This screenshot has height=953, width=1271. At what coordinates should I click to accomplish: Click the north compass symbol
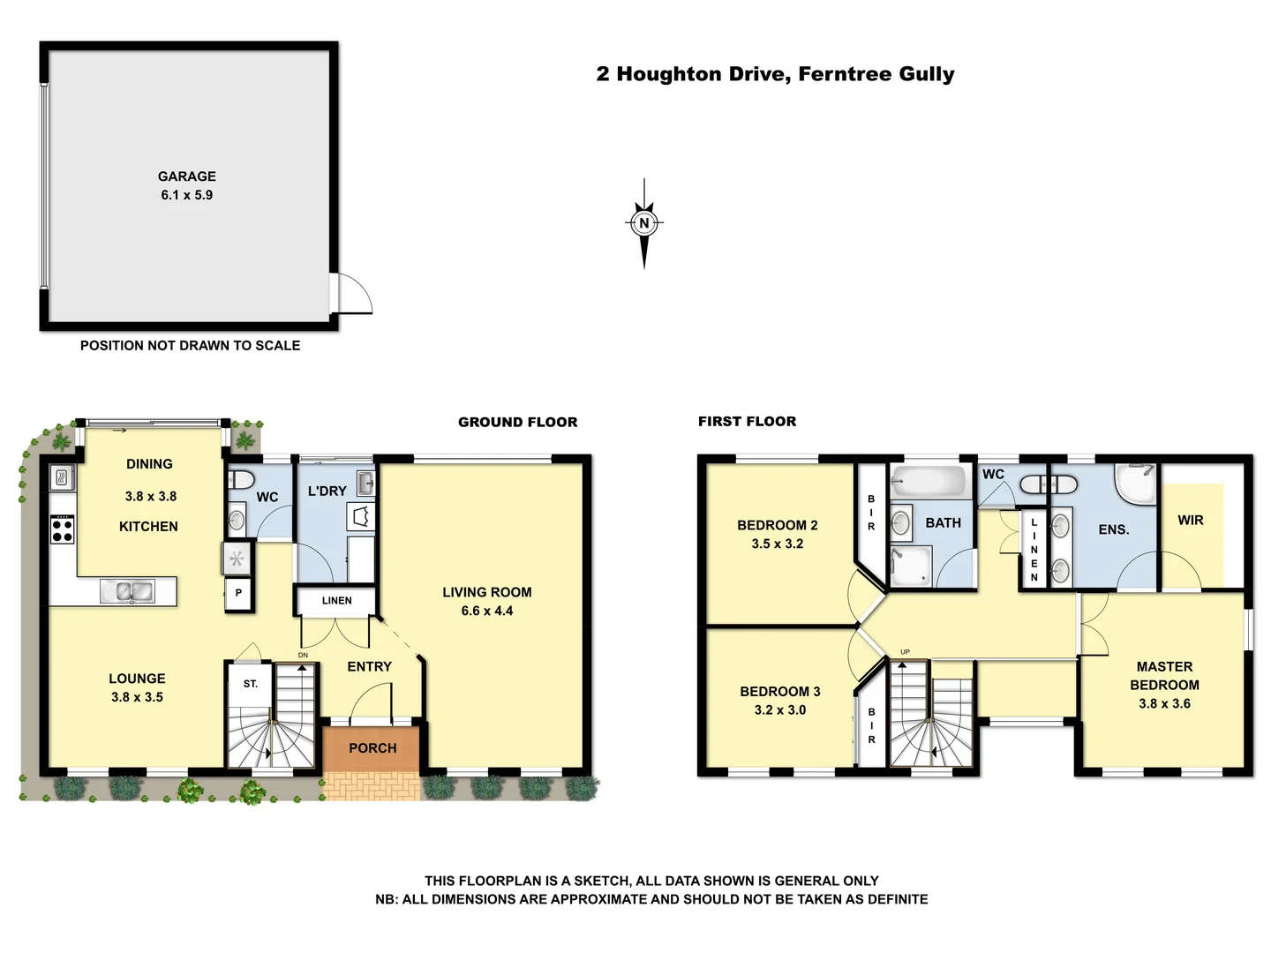click(644, 223)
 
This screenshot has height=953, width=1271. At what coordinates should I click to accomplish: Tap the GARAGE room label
click(186, 176)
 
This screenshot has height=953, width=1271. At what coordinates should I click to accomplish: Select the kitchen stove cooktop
click(62, 529)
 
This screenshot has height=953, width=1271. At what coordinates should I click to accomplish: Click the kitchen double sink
click(127, 591)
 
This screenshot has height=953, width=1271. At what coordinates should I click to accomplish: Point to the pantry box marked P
click(238, 594)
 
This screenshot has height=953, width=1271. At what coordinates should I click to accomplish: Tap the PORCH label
click(372, 748)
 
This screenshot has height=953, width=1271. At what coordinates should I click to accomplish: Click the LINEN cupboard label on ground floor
click(336, 601)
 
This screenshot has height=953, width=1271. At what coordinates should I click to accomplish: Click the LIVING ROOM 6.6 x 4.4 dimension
click(486, 611)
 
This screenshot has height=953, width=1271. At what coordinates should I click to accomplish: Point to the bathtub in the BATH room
click(929, 483)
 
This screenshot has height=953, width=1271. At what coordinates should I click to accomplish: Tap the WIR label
click(1190, 521)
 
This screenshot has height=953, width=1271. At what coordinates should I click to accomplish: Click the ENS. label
click(1113, 529)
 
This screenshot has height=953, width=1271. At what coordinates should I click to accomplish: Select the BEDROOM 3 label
click(779, 692)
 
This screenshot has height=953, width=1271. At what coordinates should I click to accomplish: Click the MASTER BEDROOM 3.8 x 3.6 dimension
click(1164, 703)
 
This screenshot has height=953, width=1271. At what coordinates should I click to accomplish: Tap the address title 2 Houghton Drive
click(775, 74)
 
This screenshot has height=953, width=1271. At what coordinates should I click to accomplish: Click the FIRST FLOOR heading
click(747, 422)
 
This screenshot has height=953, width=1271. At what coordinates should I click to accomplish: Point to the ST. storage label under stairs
click(251, 684)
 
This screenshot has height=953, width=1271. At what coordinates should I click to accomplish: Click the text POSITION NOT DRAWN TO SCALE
click(190, 346)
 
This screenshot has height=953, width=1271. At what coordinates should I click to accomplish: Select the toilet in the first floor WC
click(1048, 484)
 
